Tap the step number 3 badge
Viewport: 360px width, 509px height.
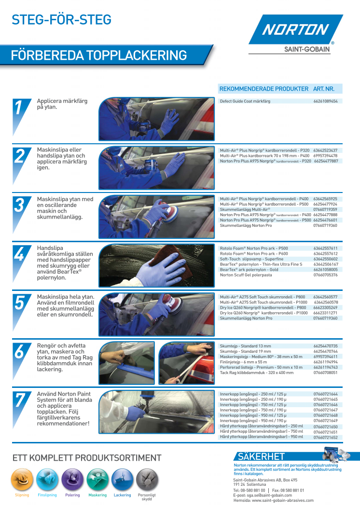click(20, 211)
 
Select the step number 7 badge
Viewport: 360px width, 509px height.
click(20, 407)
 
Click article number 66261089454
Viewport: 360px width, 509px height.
click(326, 101)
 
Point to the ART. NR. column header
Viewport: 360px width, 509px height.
click(324, 89)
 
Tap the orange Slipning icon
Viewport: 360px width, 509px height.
click(22, 480)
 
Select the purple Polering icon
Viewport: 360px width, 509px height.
click(72, 480)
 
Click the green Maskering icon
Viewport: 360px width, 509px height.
click(97, 480)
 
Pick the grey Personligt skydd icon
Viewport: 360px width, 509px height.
click(147, 480)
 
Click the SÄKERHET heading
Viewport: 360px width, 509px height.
click(262, 456)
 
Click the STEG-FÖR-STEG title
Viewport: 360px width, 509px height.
click(61, 20)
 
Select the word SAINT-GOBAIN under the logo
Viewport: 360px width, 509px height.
click(307, 49)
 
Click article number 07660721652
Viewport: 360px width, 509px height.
click(326, 438)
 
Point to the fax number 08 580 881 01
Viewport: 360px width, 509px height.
click(293, 491)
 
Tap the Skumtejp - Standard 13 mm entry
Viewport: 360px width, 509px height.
click(246, 346)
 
